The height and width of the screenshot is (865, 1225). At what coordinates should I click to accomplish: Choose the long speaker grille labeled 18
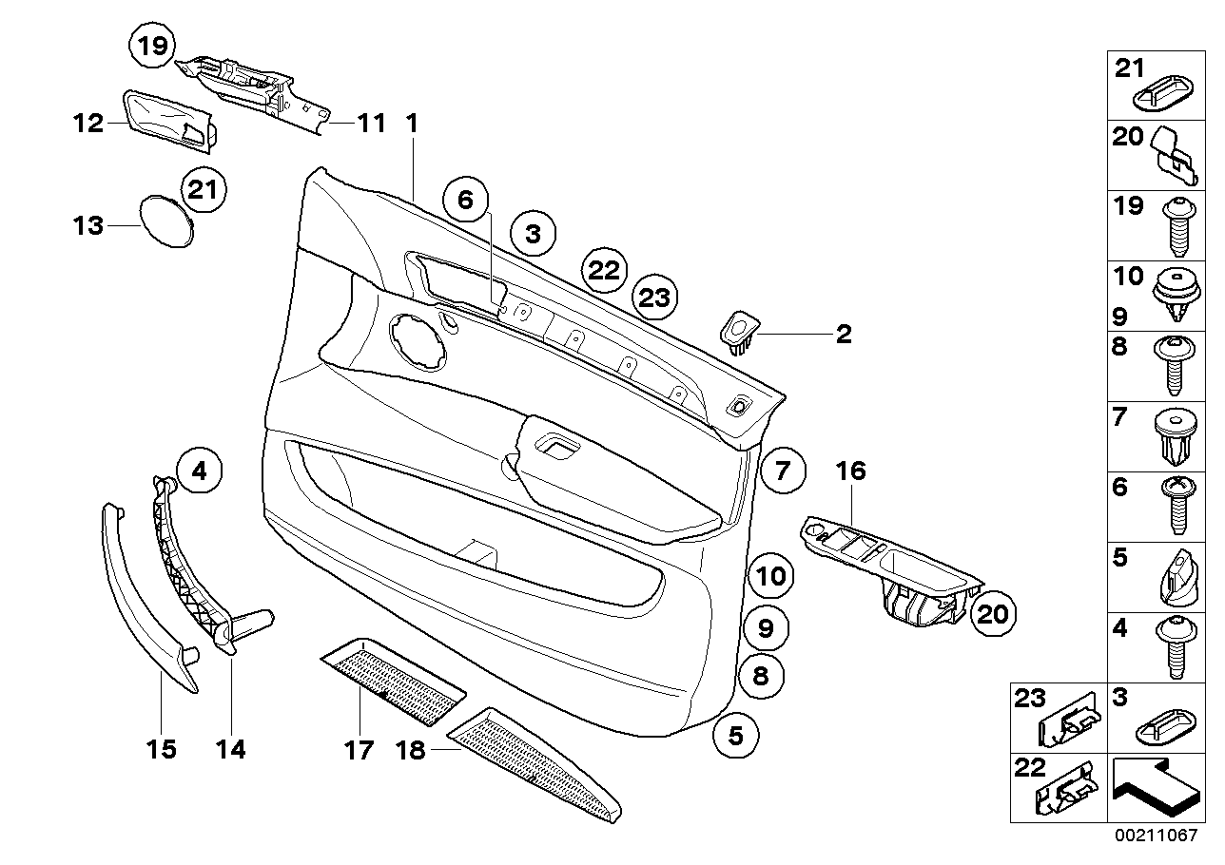coord(537,757)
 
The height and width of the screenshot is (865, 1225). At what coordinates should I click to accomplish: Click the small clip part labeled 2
coord(738,332)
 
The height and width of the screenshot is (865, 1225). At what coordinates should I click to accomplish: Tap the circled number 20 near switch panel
coord(992,614)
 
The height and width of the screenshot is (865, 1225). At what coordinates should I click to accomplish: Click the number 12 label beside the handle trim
coord(88,124)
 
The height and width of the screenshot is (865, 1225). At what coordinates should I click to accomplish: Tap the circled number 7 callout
coord(782,470)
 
